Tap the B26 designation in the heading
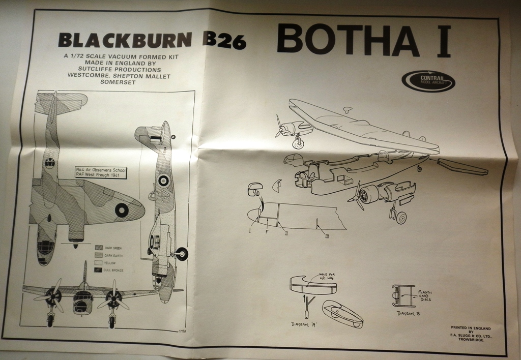(x=223, y=42)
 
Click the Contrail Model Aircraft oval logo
(x=428, y=81)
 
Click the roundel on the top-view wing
(x=122, y=208)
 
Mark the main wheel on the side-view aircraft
(x=182, y=254)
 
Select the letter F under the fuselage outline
(x=267, y=232)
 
